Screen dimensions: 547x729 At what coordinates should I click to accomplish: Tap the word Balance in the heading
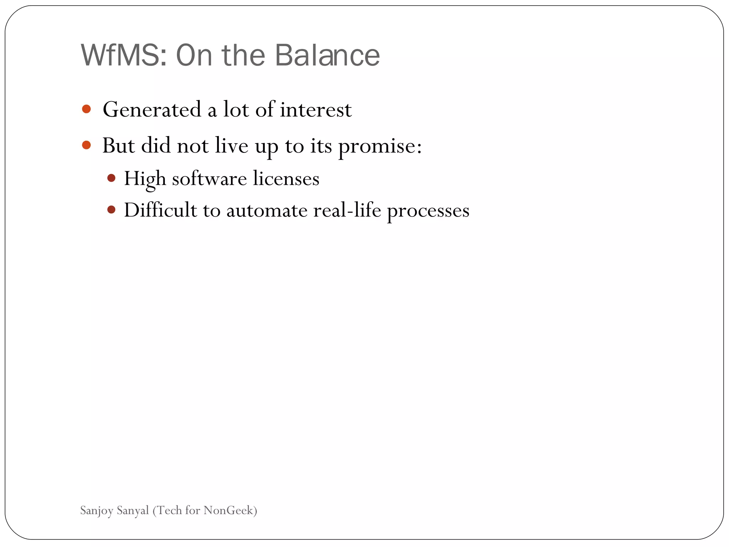tap(327, 56)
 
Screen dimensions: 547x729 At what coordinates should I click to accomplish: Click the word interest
tap(316, 109)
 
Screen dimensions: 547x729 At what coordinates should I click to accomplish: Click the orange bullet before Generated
tap(86, 109)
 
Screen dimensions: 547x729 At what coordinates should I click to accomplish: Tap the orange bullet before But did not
tap(86, 145)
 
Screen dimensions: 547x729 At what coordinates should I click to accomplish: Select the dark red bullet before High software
tap(111, 178)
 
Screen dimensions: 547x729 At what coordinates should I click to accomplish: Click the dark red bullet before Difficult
tap(111, 209)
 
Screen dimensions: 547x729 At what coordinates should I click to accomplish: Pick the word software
tap(209, 178)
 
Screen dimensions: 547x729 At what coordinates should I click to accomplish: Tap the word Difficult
tap(160, 210)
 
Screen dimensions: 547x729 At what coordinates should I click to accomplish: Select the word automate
tap(267, 210)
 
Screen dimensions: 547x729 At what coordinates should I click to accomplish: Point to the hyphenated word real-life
tap(347, 210)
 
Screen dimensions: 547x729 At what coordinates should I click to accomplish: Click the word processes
tap(428, 211)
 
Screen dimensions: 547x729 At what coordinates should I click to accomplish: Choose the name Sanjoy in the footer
tap(96, 511)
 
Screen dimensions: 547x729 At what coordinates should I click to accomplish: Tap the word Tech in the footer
tap(169, 510)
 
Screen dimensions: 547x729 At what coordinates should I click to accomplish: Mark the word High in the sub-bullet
tap(145, 178)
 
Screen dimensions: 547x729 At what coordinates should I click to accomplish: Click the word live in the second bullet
tap(231, 146)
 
